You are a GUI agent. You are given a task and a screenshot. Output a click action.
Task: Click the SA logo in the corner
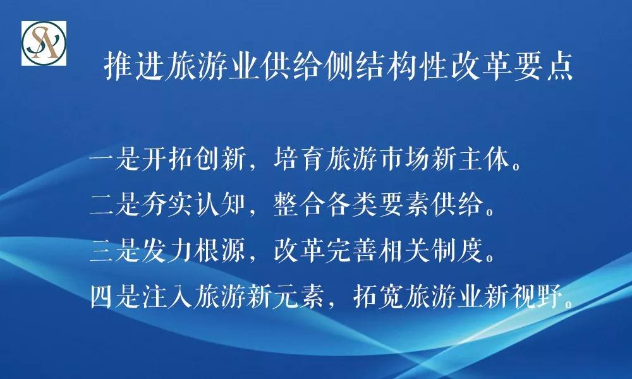click(x=44, y=43)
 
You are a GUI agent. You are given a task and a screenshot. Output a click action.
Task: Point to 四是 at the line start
click(x=114, y=297)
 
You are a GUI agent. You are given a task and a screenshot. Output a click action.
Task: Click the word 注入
click(x=166, y=297)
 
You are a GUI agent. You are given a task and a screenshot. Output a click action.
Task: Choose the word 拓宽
click(x=378, y=297)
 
